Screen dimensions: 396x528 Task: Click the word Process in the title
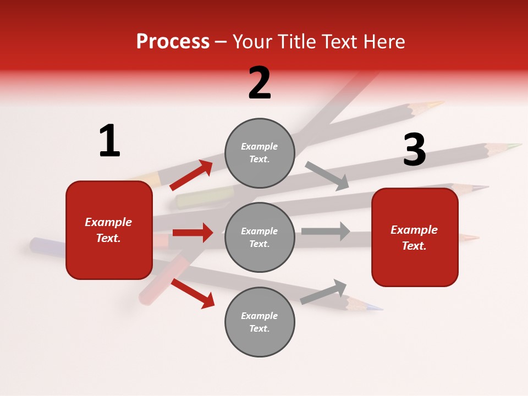coord(173,42)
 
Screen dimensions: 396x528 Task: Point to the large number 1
coord(109,141)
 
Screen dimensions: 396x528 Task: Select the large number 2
coord(260,83)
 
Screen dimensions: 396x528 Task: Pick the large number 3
coord(414,150)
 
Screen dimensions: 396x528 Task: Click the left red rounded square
coord(109,230)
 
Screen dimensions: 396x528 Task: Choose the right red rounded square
coord(415,238)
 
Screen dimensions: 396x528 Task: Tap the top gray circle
coord(260,153)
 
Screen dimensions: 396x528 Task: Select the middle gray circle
coord(260,237)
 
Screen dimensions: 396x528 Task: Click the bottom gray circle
coord(260,322)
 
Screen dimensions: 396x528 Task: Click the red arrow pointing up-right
coord(191,175)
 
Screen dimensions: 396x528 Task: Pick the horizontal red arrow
coord(193,233)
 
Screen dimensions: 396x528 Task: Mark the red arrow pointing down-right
coord(193,293)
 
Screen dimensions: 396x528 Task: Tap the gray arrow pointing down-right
coord(327,176)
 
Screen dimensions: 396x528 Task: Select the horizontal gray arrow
coord(326,231)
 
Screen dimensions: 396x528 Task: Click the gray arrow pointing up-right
coord(324,291)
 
